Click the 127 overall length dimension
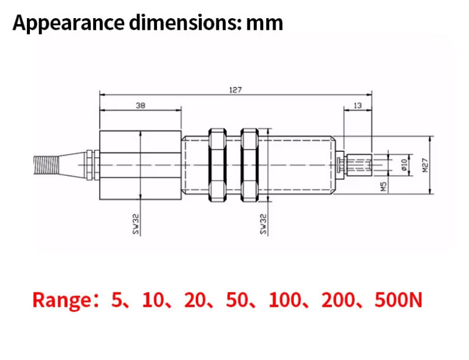pyautogui.click(x=235, y=90)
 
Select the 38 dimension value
pyautogui.click(x=140, y=106)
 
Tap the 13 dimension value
pyautogui.click(x=358, y=106)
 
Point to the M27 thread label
pyautogui.click(x=426, y=166)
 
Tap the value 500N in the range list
pyautogui.click(x=398, y=300)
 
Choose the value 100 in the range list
pyautogui.click(x=284, y=300)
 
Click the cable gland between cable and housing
pyautogui.click(x=89, y=165)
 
